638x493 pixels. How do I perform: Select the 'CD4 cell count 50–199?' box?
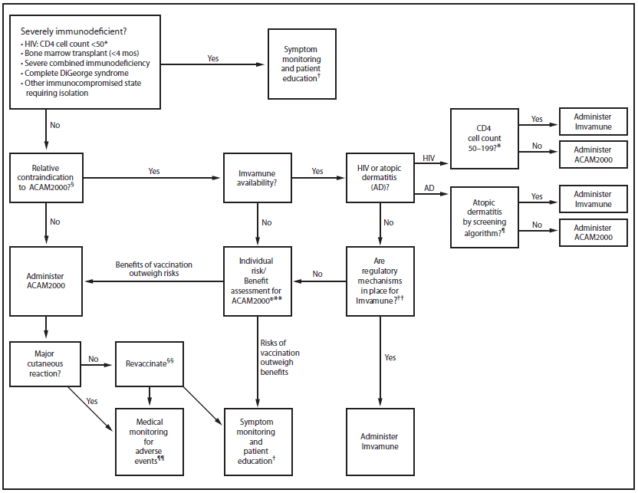(x=484, y=134)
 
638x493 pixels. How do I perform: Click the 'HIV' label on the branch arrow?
(x=429, y=157)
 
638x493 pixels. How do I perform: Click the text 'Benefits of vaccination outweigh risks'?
(x=154, y=268)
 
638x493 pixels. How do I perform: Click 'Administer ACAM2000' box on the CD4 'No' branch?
(x=593, y=154)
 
